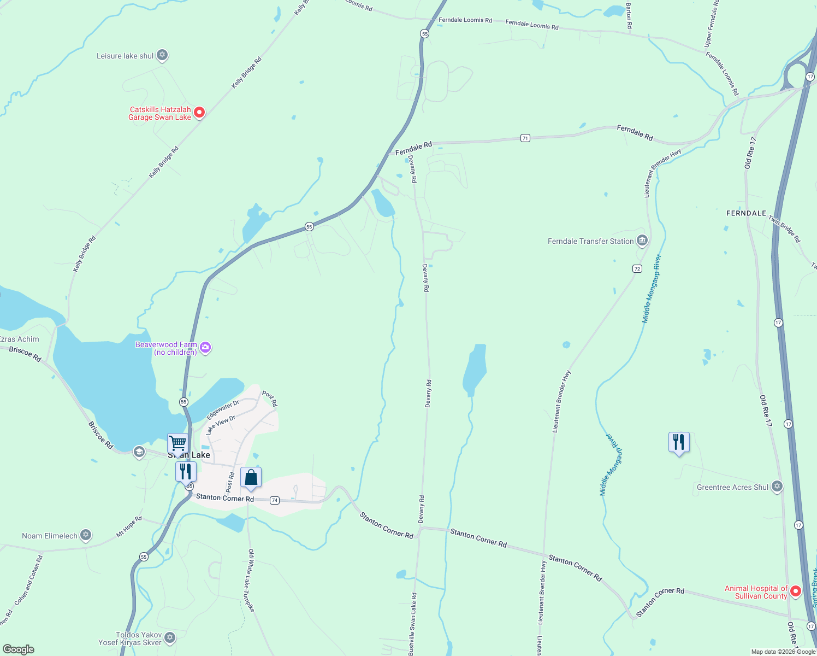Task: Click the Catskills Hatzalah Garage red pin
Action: (x=199, y=113)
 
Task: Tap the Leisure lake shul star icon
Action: (x=162, y=55)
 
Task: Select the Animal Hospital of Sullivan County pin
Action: (x=796, y=591)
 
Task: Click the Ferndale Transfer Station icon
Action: (x=642, y=241)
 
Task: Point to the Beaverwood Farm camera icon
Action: (x=205, y=348)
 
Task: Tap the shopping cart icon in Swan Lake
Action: (x=177, y=443)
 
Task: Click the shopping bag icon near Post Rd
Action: (x=251, y=478)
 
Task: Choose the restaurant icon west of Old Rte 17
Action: (x=679, y=442)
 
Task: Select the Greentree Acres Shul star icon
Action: (x=777, y=487)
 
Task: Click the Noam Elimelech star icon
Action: (x=86, y=535)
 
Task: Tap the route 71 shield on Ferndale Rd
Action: (x=525, y=138)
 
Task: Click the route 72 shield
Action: (x=637, y=268)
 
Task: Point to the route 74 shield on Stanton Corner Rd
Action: (x=274, y=500)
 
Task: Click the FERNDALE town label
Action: (x=746, y=213)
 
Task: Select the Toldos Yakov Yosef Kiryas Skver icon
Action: (x=170, y=637)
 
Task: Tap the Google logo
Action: (x=19, y=649)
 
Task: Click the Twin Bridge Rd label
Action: (x=784, y=229)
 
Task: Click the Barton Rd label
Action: (x=629, y=16)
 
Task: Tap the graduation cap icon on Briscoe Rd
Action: (x=139, y=452)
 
